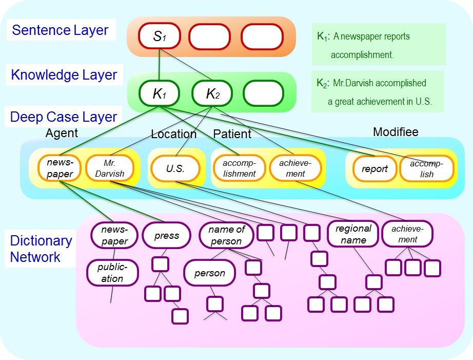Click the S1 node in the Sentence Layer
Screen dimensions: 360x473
click(x=160, y=37)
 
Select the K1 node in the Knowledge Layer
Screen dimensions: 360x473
click(x=160, y=93)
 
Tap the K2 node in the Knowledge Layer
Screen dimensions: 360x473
click(x=212, y=93)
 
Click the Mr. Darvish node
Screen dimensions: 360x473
click(x=109, y=168)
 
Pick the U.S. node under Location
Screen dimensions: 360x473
click(x=175, y=168)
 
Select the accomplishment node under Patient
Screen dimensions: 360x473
click(x=239, y=168)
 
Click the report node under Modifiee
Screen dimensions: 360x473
click(x=375, y=168)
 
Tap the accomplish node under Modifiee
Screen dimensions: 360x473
click(x=427, y=168)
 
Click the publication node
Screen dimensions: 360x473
click(x=112, y=272)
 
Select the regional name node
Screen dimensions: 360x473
click(x=353, y=234)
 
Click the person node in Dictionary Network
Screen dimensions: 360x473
click(x=209, y=273)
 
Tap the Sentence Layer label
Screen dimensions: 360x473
click(x=60, y=30)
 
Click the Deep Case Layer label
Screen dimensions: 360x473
click(x=64, y=117)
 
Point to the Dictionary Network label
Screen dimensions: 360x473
click(x=41, y=249)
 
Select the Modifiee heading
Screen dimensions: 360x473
click(x=396, y=132)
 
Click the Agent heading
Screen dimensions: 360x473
click(x=62, y=133)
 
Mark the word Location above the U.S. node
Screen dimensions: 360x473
click(x=173, y=134)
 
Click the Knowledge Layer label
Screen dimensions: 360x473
click(x=64, y=75)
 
